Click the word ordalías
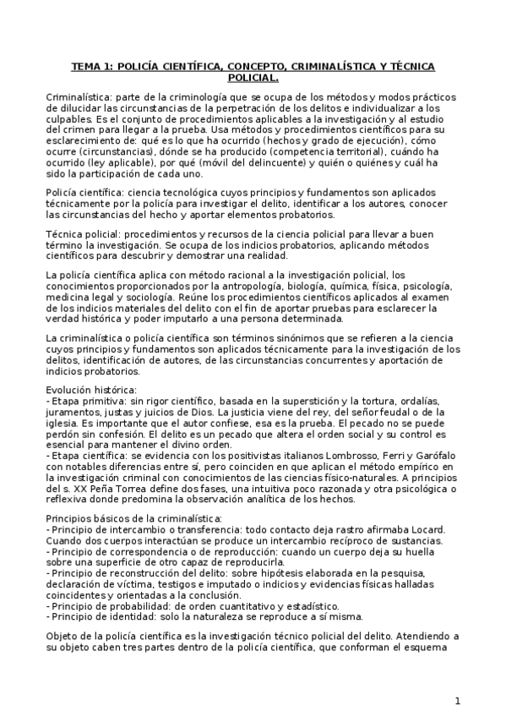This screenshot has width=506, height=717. point(434,398)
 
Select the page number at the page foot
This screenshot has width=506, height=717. point(457,700)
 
